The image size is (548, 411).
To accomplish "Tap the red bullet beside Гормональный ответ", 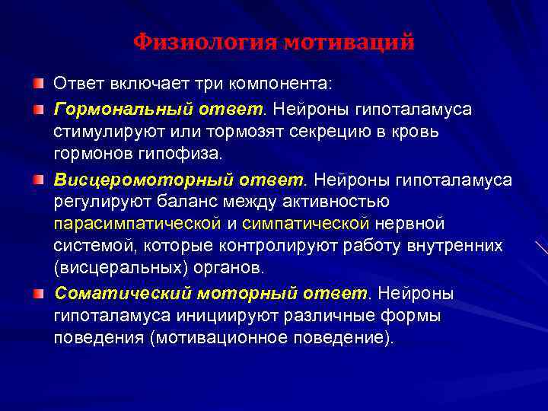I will (x=38, y=110).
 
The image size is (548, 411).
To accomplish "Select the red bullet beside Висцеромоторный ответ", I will (x=38, y=180).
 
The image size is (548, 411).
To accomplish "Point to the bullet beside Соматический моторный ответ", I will (x=38, y=294).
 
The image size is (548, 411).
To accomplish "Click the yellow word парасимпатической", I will (x=137, y=224).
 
